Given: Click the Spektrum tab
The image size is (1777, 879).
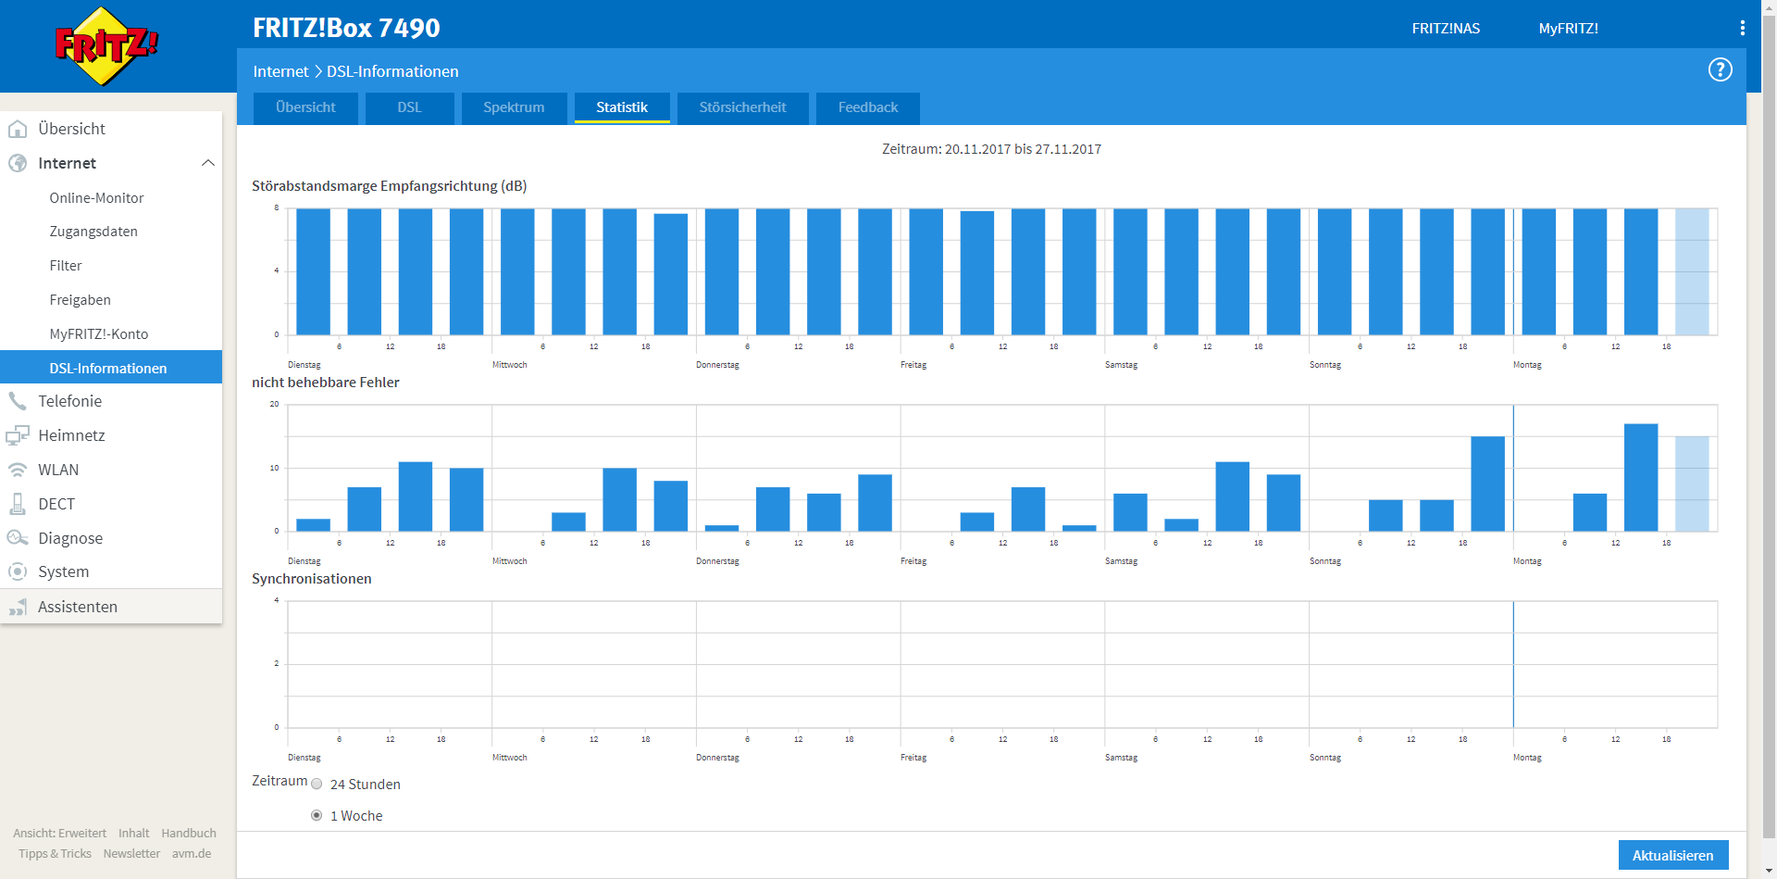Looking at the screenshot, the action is click(x=514, y=107).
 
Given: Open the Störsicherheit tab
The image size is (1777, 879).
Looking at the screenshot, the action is click(x=742, y=107).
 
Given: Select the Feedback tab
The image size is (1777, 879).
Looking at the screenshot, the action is click(x=868, y=107).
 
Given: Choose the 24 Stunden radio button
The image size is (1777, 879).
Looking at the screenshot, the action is click(x=317, y=784).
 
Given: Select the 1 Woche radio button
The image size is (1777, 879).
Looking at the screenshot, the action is click(x=317, y=815).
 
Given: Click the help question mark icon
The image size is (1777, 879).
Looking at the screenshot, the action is click(x=1720, y=69).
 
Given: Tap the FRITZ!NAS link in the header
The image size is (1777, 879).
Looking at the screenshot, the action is click(x=1446, y=29).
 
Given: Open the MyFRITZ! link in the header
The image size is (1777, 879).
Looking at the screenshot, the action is click(x=1568, y=29).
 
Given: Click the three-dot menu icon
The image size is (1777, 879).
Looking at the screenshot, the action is click(x=1743, y=28).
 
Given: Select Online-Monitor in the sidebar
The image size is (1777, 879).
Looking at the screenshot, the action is click(x=96, y=198).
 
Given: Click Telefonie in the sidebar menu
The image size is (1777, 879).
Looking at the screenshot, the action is click(x=70, y=401).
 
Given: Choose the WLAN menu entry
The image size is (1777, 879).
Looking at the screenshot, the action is click(x=58, y=470).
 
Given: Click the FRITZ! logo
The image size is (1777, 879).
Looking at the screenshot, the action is click(x=106, y=45).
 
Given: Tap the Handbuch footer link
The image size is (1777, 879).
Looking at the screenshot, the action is click(x=189, y=834).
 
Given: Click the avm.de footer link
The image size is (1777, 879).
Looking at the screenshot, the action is click(x=192, y=854).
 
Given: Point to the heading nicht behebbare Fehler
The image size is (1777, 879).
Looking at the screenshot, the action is click(x=326, y=383).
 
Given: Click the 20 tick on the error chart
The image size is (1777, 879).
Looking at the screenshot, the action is click(x=274, y=404).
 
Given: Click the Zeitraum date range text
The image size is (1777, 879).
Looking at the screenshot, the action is click(x=991, y=149).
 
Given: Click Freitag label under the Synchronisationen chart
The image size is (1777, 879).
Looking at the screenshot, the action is click(x=913, y=758).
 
